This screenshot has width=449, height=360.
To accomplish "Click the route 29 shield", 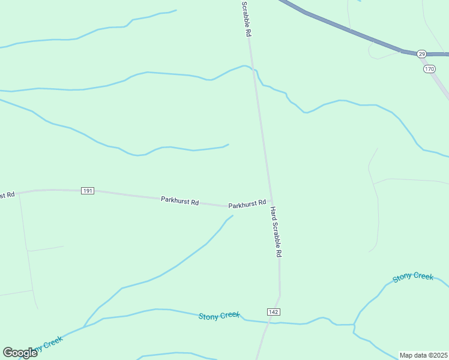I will point(421,54).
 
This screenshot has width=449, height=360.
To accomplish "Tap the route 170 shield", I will point(429,70).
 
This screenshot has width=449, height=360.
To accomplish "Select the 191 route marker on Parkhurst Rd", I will point(88,191).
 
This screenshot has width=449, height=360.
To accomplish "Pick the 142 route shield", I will point(273,313).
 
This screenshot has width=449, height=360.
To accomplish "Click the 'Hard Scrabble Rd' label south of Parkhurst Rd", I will point(276,232).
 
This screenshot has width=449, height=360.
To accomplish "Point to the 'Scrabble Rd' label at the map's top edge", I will point(245,19).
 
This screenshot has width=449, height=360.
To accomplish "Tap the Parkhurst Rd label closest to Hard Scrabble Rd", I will point(247,204).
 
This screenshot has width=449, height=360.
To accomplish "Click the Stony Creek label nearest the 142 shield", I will point(219,316).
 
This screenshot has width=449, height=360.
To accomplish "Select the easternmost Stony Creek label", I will point(413,277).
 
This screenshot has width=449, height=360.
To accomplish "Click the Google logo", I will point(20,353).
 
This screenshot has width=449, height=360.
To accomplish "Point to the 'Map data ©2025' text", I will point(423,355).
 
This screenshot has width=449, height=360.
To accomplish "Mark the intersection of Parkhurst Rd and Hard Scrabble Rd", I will point(272,202).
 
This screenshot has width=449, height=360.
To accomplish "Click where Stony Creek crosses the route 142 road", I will point(266,322).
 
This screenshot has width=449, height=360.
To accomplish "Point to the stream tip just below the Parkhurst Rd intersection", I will point(232,216).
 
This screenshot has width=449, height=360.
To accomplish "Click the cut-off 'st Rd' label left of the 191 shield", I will point(7,196).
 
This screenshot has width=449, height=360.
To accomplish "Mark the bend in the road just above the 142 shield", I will point(280,295).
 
